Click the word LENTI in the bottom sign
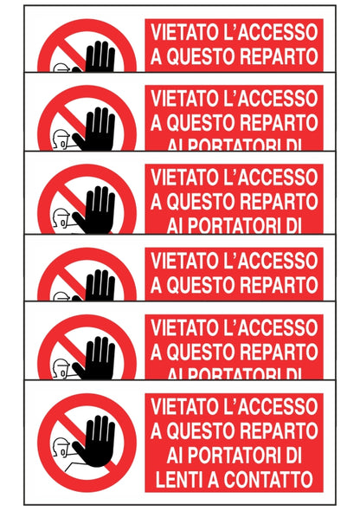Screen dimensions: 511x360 (178, 477)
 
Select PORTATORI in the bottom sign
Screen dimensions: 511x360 (228, 453)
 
